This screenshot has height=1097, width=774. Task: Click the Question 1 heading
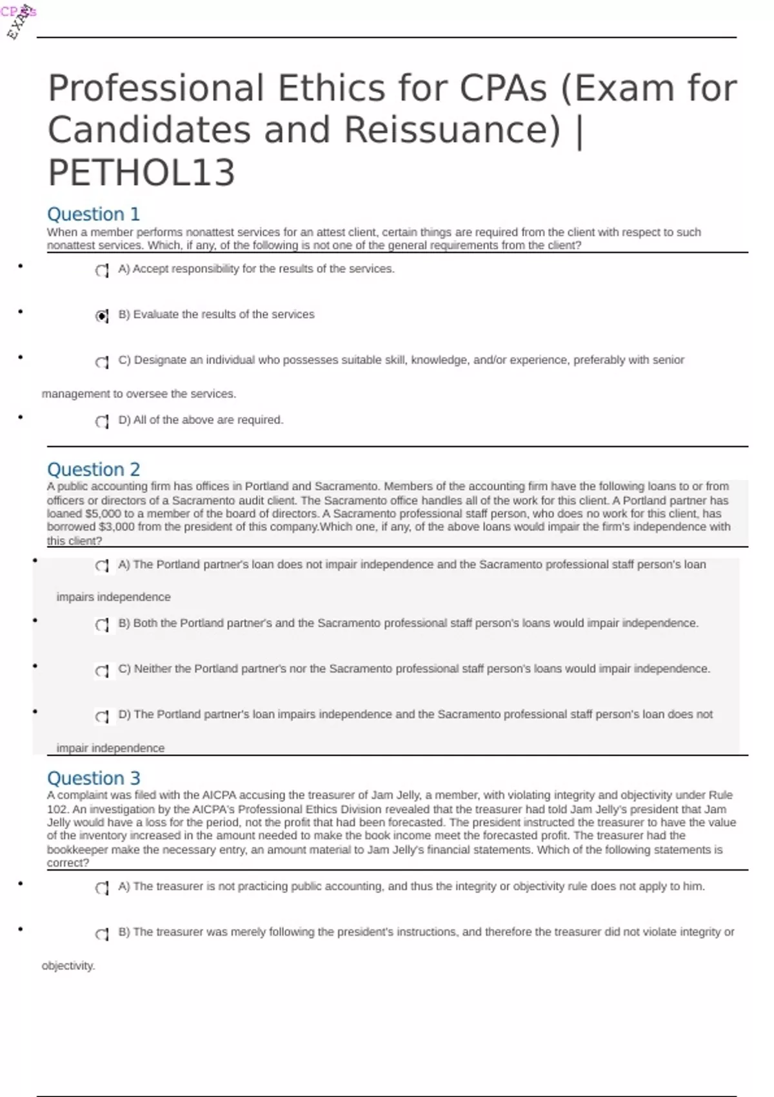pyautogui.click(x=93, y=214)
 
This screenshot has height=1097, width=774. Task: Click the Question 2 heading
pyautogui.click(x=93, y=469)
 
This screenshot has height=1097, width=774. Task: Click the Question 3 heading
pyautogui.click(x=93, y=778)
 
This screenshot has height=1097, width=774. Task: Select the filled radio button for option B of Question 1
pyautogui.click(x=101, y=316)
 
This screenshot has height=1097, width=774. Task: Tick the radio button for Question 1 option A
pyautogui.click(x=101, y=270)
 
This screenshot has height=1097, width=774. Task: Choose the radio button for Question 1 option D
pyautogui.click(x=101, y=421)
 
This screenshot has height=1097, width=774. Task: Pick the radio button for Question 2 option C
pyautogui.click(x=101, y=671)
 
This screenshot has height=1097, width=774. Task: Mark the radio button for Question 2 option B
pyautogui.click(x=101, y=625)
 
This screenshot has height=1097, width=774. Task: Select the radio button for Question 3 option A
pyautogui.click(x=101, y=888)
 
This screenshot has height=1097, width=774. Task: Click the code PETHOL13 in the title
pyautogui.click(x=141, y=172)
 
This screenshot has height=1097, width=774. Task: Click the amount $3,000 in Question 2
pyautogui.click(x=117, y=527)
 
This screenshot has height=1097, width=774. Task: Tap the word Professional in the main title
pyautogui.click(x=155, y=88)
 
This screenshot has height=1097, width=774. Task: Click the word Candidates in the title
pyautogui.click(x=149, y=130)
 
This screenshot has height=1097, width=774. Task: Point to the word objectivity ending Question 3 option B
pyautogui.click(x=68, y=966)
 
